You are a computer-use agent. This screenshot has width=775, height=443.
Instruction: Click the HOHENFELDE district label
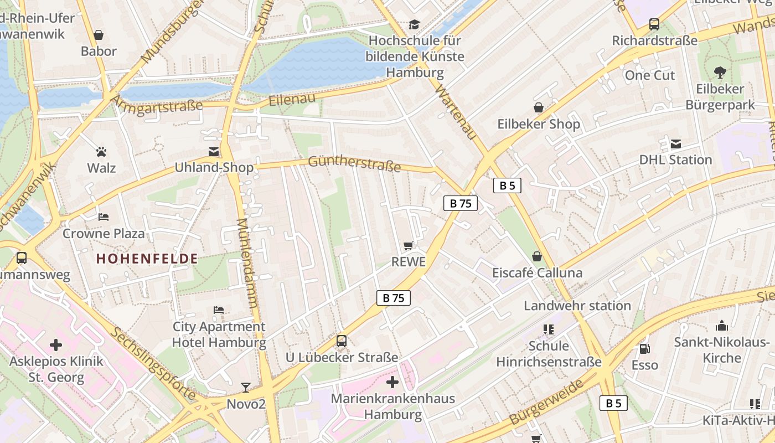tap(147, 259)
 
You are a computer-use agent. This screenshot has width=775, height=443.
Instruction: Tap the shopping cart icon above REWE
tap(409, 245)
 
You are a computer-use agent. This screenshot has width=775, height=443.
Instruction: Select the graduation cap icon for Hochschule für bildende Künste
tap(414, 24)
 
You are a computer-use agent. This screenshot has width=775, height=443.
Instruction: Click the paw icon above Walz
tap(101, 151)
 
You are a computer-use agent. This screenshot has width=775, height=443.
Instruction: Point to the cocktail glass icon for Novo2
tap(246, 387)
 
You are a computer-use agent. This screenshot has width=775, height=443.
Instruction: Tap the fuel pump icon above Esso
tap(644, 349)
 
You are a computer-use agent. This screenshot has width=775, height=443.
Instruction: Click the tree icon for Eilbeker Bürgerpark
tap(720, 72)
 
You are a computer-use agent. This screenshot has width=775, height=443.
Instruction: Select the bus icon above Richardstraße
tap(654, 24)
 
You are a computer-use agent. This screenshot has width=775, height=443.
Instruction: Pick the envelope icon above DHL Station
tap(675, 144)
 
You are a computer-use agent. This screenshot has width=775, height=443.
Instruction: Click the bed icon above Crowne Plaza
tap(103, 217)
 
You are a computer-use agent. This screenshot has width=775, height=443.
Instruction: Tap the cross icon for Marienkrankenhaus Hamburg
tap(392, 382)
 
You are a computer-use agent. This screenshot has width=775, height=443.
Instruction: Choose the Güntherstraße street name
tap(354, 163)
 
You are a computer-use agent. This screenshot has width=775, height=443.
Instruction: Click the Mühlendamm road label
tap(247, 263)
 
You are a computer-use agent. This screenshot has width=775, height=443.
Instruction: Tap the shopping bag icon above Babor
tap(99, 35)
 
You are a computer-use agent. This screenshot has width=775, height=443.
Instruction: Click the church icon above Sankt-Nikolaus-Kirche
tap(722, 326)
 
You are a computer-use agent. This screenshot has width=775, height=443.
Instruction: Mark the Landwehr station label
tap(577, 306)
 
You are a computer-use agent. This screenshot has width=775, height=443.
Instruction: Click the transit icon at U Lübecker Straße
tap(342, 341)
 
